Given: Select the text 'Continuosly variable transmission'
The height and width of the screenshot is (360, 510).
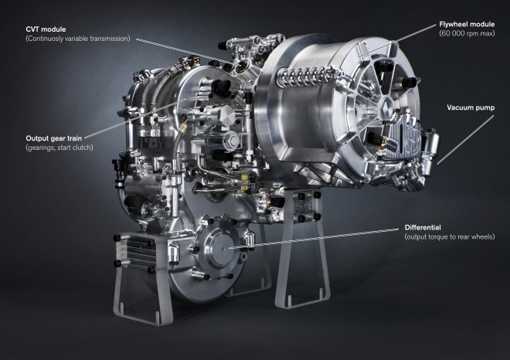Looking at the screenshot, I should click(x=77, y=38).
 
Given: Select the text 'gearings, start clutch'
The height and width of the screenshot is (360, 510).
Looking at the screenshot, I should click(x=59, y=148).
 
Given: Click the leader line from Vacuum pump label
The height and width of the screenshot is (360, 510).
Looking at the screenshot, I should click(x=456, y=136).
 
